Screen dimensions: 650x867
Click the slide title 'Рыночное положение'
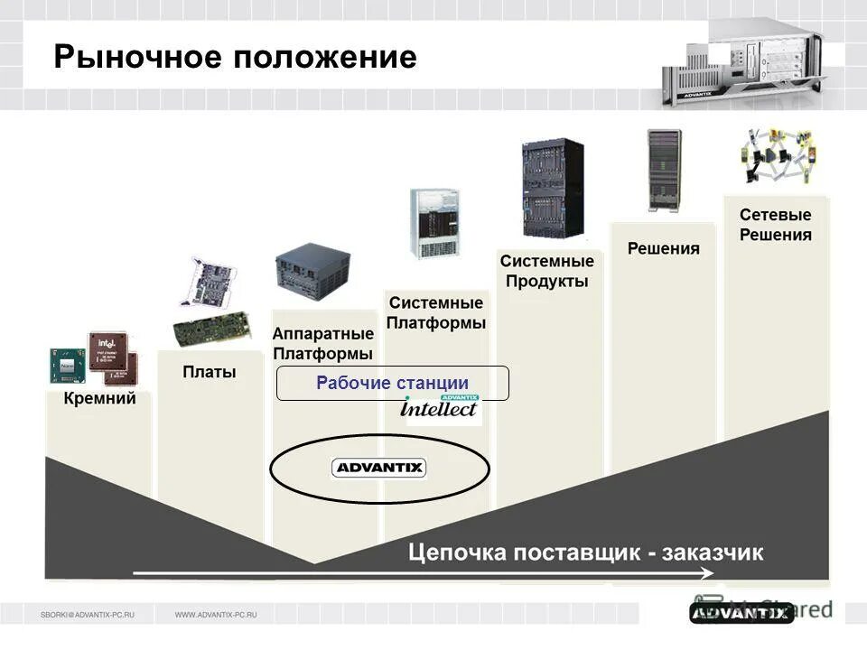click(x=235, y=58)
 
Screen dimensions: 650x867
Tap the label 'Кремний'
click(x=99, y=398)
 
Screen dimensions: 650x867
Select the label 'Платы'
click(x=210, y=372)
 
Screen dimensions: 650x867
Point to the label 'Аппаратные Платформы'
click(x=322, y=343)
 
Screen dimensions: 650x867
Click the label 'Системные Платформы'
click(x=436, y=312)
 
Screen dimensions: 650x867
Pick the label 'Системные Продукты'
click(x=547, y=271)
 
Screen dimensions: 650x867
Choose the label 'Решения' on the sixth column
click(x=663, y=248)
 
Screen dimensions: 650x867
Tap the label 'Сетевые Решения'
click(x=775, y=225)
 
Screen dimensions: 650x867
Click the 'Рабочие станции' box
click(x=392, y=383)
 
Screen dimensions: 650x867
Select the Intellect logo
click(x=440, y=408)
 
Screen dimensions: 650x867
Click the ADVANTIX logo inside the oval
click(x=379, y=468)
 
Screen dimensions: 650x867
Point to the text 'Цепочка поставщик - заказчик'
click(x=586, y=552)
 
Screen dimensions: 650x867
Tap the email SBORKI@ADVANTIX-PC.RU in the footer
click(x=88, y=615)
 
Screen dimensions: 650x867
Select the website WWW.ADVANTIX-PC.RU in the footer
click(x=216, y=615)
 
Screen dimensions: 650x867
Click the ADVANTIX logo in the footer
click(x=741, y=614)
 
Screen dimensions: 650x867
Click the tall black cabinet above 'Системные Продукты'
click(x=552, y=188)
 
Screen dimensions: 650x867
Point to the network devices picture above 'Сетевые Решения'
click(x=778, y=155)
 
